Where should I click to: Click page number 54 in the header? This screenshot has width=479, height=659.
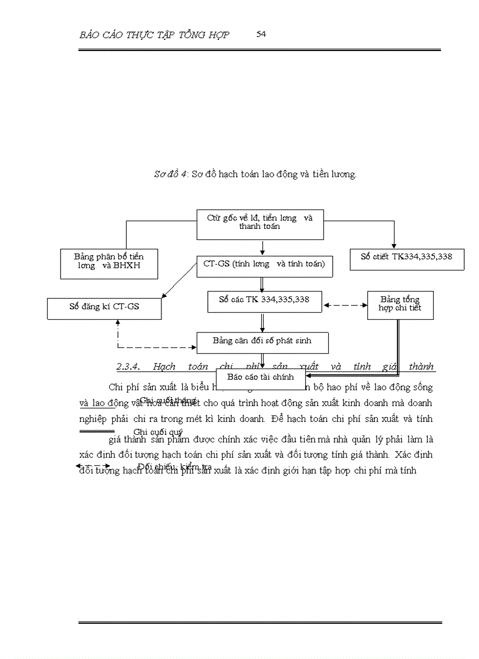tap(261, 34)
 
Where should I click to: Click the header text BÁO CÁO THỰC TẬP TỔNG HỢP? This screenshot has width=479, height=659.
tap(154, 35)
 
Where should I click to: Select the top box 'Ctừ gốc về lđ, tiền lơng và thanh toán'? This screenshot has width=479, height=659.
tap(260, 225)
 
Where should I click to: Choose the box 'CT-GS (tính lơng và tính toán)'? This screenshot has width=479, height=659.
tap(264, 265)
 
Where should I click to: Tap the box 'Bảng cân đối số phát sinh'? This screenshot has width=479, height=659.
tap(262, 342)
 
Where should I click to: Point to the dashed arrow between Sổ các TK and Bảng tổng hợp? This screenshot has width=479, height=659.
tap(345, 305)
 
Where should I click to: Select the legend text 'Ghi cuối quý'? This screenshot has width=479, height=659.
tap(158, 433)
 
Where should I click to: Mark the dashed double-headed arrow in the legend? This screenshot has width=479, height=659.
tap(93, 466)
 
